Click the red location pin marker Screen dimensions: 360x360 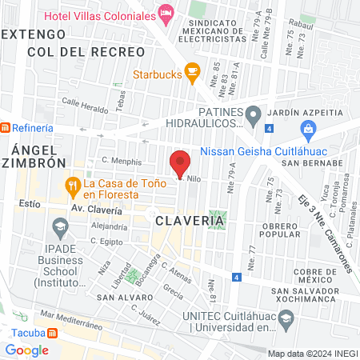point(181,162)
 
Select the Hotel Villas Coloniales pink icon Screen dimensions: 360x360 point(166,12)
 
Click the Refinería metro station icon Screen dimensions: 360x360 point(6,128)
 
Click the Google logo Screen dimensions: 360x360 point(26,350)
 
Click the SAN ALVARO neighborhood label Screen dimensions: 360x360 point(119,297)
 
